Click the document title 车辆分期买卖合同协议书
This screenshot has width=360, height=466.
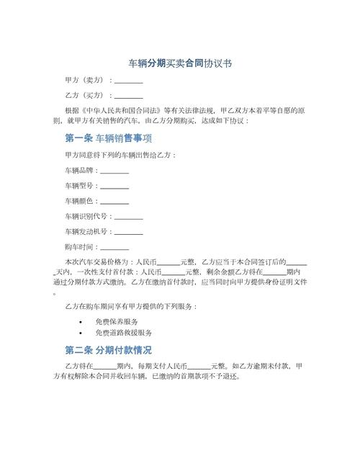click(179, 63)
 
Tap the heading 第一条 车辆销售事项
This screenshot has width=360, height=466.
click(107, 138)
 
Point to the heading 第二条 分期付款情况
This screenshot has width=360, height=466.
click(108, 351)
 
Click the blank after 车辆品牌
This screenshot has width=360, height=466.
click(114, 171)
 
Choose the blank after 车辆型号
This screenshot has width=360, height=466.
click(114, 187)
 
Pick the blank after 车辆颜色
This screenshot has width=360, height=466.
click(114, 202)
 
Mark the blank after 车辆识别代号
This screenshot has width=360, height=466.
click(129, 217)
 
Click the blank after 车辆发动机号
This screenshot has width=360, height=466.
click(129, 232)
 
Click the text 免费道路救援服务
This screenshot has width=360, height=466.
click(123, 334)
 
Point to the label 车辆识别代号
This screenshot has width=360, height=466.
click(86, 217)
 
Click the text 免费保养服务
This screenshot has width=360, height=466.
click(117, 321)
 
